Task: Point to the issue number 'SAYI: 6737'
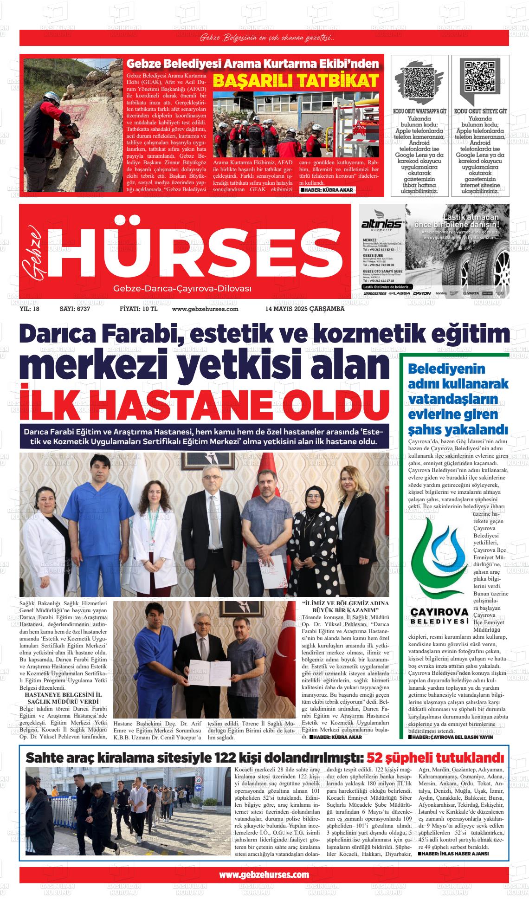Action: click(75, 309)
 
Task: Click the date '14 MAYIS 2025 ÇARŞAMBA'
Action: click(305, 309)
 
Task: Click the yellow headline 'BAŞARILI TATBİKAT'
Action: click(296, 81)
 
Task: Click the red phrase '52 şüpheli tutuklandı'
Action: click(435, 758)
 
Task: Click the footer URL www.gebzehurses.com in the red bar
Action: click(264, 874)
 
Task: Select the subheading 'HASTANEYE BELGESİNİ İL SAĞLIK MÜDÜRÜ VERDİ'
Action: click(64, 698)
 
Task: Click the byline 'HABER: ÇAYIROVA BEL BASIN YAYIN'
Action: click(453, 737)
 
